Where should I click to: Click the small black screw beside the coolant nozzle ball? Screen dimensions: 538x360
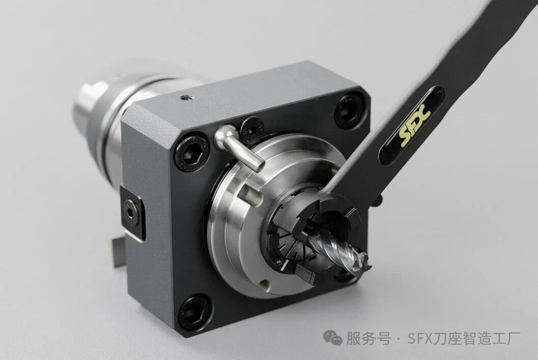251,130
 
